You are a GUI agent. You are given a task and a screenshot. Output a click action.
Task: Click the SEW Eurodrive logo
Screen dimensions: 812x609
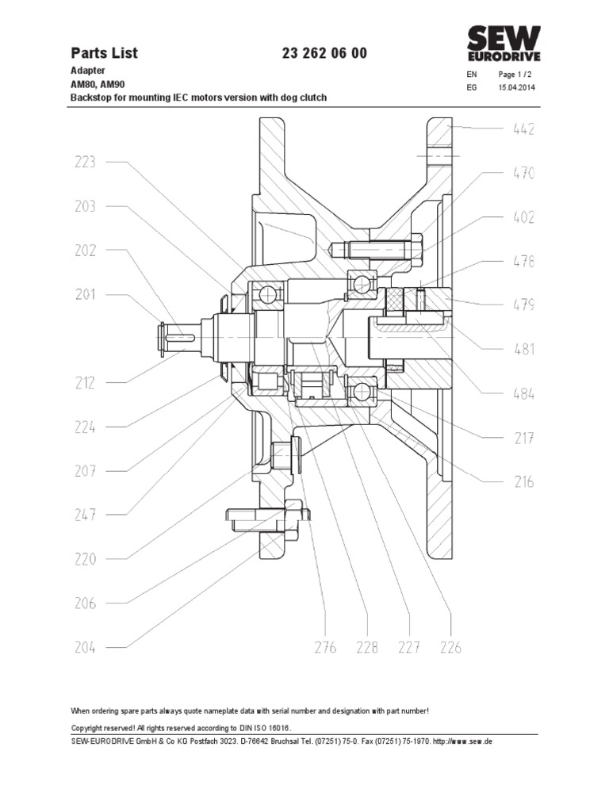(x=503, y=45)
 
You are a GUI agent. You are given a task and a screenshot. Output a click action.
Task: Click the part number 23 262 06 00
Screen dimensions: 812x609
(x=324, y=53)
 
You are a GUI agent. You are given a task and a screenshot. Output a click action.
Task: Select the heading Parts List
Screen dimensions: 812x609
(x=104, y=53)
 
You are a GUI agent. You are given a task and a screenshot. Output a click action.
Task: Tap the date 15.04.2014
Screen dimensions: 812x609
(x=516, y=87)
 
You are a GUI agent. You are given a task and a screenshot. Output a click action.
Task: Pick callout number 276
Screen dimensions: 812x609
(x=325, y=648)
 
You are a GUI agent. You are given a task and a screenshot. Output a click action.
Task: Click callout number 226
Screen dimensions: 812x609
(x=450, y=648)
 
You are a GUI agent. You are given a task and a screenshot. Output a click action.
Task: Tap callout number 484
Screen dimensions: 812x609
(x=519, y=393)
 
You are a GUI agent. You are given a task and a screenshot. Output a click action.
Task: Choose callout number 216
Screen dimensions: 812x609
(x=519, y=481)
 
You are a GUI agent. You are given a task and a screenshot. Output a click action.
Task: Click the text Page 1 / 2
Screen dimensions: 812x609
(x=516, y=75)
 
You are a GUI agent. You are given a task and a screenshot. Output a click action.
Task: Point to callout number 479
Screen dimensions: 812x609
(x=519, y=305)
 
